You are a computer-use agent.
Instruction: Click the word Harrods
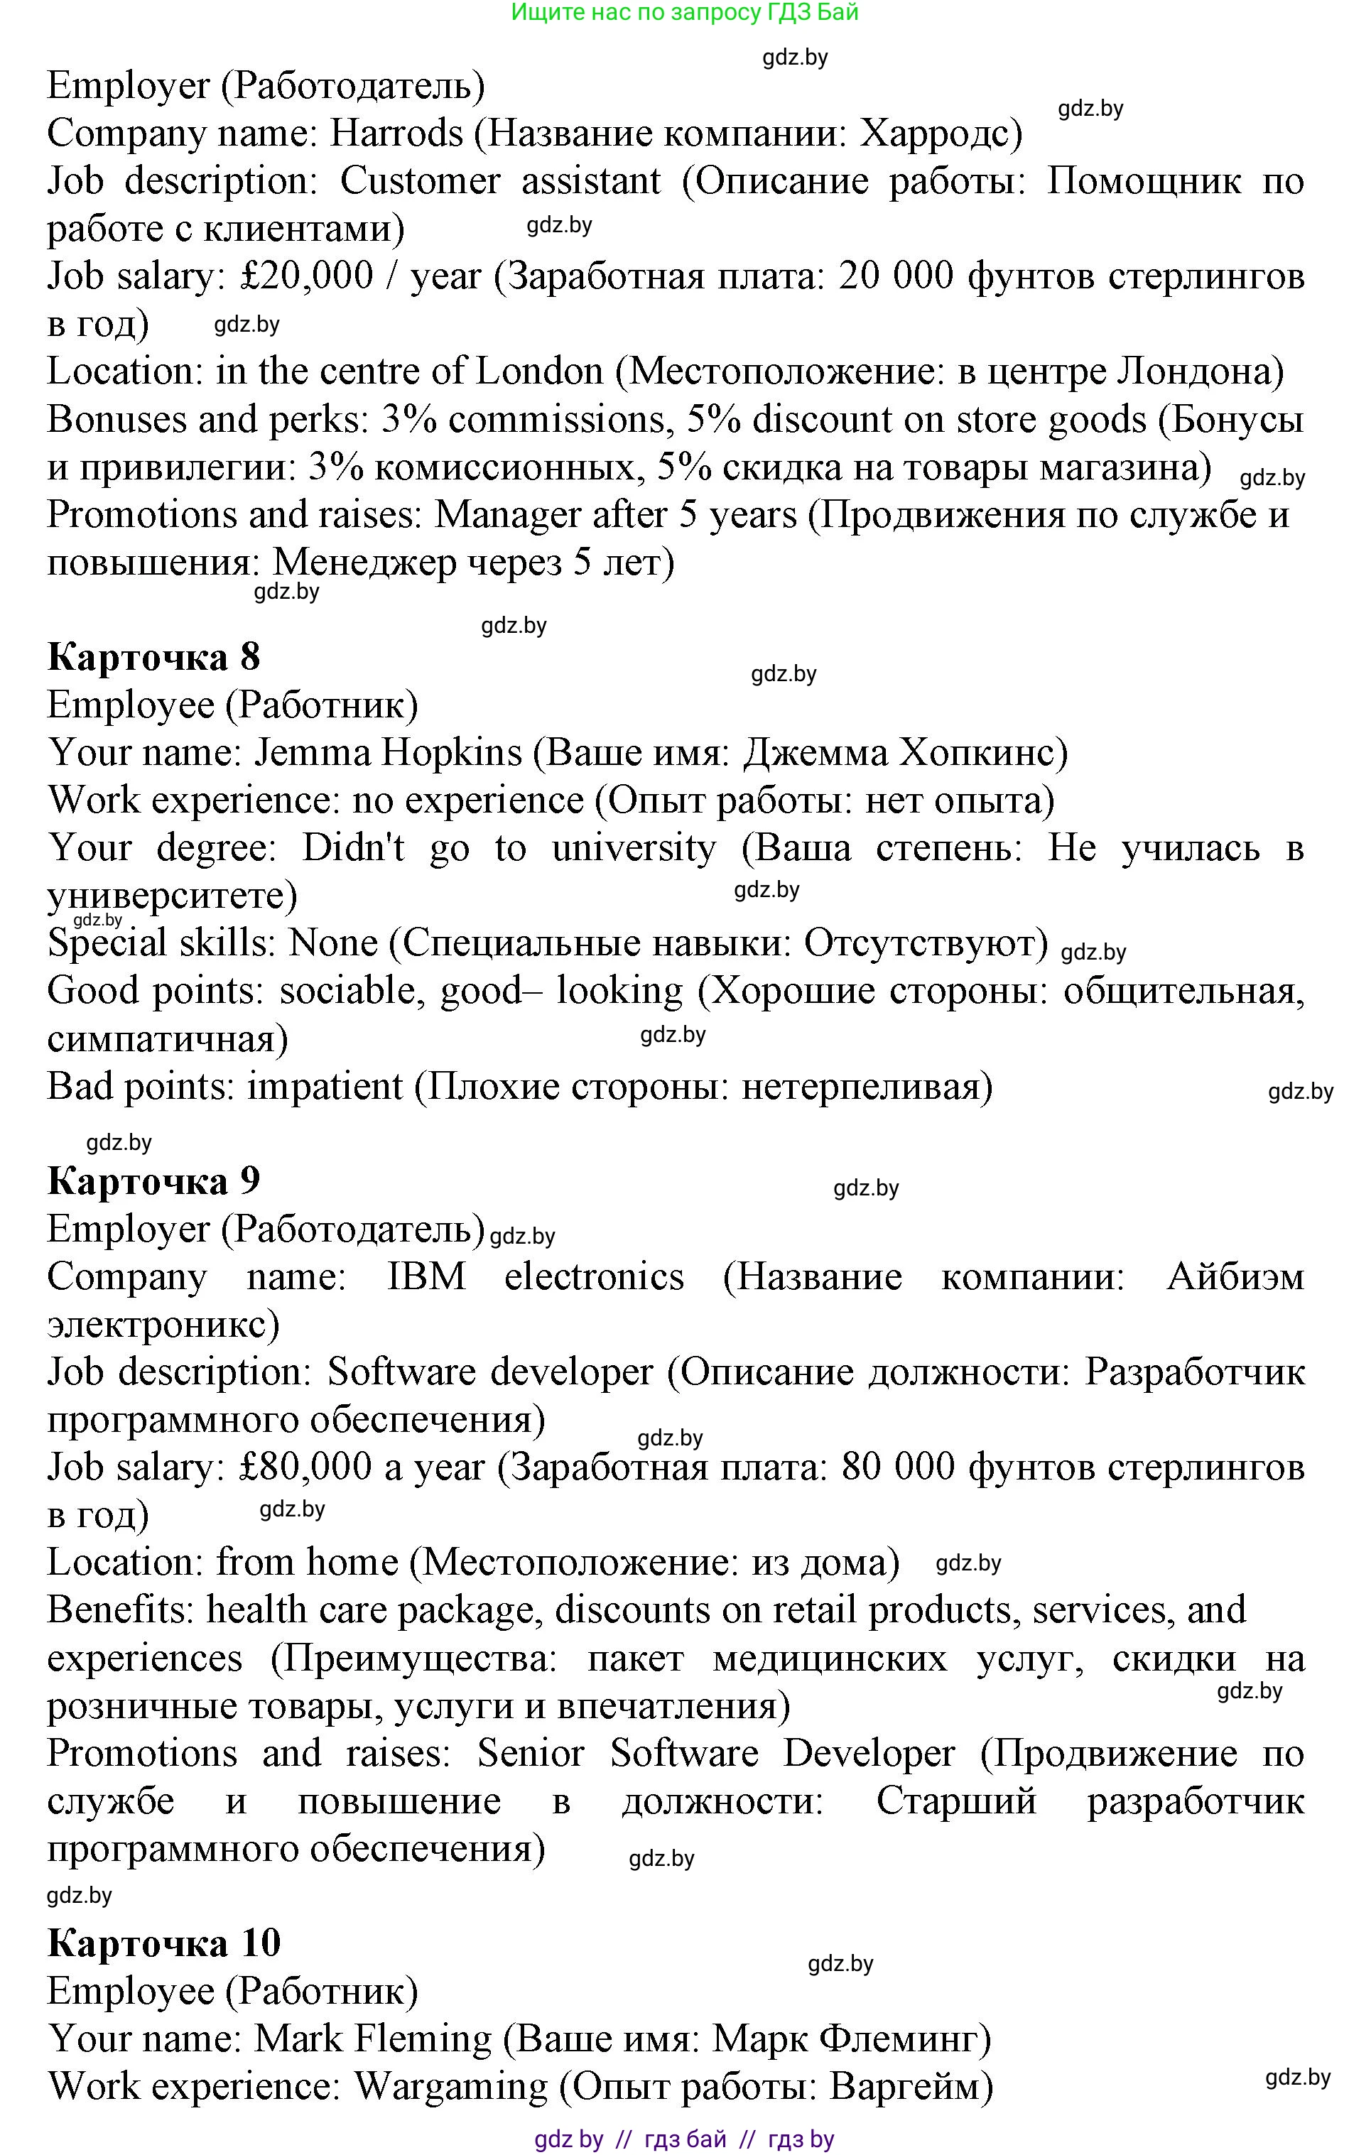[x=396, y=134]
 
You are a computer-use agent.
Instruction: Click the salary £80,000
[x=306, y=1467]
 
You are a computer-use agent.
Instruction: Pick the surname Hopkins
[x=451, y=753]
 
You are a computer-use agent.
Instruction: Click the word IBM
[x=426, y=1276]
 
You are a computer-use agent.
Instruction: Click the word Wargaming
[x=451, y=2087]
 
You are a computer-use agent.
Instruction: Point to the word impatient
[x=325, y=1087]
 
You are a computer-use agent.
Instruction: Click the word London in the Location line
[x=540, y=371]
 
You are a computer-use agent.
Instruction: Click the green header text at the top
[x=685, y=13]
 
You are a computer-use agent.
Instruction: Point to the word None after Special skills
[x=334, y=943]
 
